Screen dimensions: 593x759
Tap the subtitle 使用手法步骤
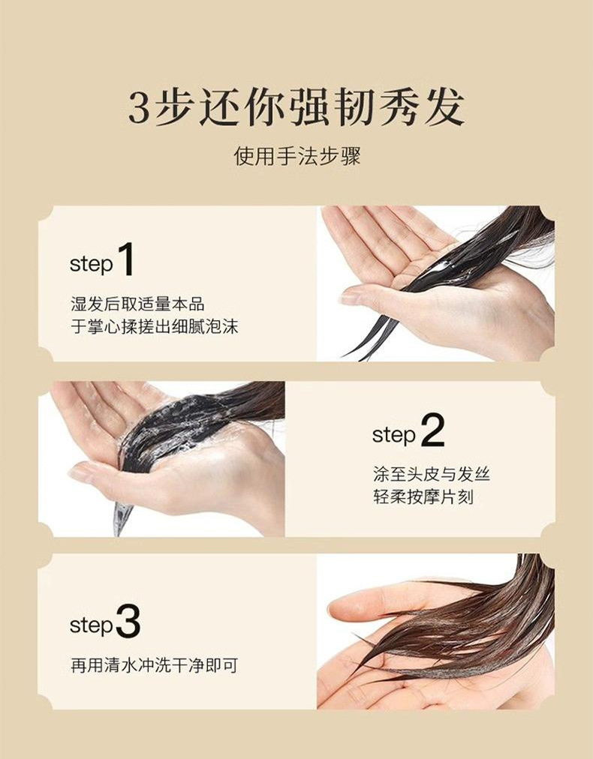tap(297, 157)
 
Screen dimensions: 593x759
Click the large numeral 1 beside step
tap(125, 259)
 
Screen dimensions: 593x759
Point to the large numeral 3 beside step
tap(128, 620)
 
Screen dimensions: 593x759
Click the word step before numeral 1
tap(91, 265)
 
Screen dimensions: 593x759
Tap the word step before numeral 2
tap(394, 435)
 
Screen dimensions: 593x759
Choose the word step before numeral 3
tap(92, 625)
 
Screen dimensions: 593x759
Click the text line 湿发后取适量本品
tap(137, 304)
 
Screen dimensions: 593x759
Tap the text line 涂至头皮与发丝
tap(432, 474)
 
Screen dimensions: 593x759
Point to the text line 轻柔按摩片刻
tap(423, 497)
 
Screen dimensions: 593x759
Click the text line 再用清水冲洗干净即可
tap(155, 665)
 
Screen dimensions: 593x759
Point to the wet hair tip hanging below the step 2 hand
tap(121, 518)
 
